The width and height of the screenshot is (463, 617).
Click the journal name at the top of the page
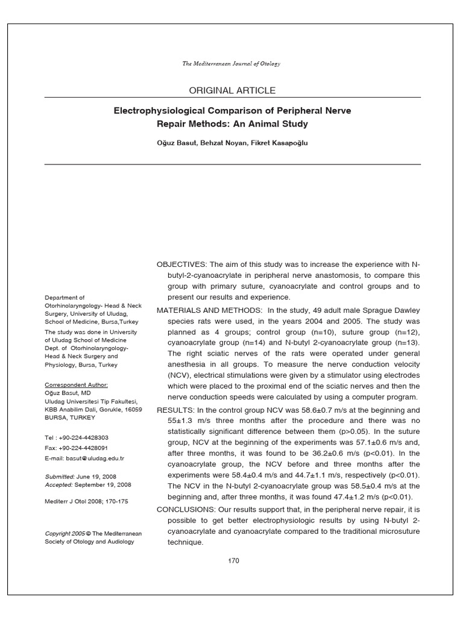(231, 63)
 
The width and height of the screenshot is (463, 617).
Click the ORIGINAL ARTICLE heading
(232, 90)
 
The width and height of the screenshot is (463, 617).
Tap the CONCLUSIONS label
(186, 509)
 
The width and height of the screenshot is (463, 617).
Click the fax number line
(77, 448)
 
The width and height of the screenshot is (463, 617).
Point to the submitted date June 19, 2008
(96, 476)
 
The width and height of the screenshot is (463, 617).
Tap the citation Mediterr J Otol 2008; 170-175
(87, 501)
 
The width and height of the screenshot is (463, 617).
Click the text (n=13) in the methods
(408, 343)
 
